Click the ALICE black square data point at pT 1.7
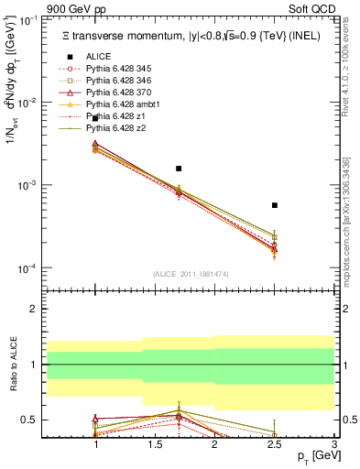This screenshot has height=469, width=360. [x=179, y=169]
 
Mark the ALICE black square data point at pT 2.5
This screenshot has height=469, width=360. [x=274, y=205]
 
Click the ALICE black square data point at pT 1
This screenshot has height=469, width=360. [x=95, y=119]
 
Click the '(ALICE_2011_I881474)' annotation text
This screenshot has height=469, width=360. [x=183, y=274]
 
